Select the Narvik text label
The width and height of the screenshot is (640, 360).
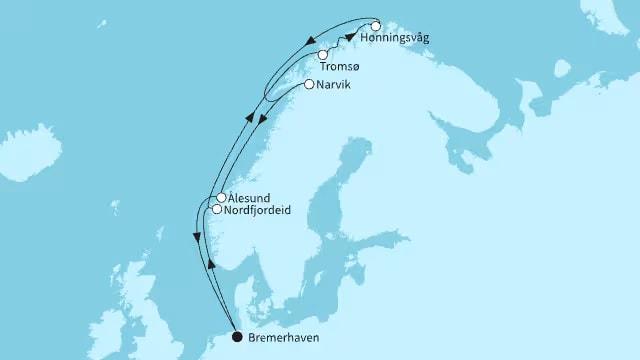(x=339, y=86)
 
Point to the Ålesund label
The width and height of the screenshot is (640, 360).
(x=249, y=198)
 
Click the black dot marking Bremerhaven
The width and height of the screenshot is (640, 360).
(x=237, y=337)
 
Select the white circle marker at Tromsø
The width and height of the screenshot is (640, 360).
(x=322, y=55)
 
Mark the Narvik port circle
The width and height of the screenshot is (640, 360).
(x=309, y=85)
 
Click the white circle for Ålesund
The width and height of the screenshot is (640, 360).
(x=220, y=198)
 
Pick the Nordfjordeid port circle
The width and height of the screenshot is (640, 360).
(x=215, y=209)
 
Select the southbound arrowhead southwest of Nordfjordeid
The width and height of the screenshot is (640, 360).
(x=194, y=237)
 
